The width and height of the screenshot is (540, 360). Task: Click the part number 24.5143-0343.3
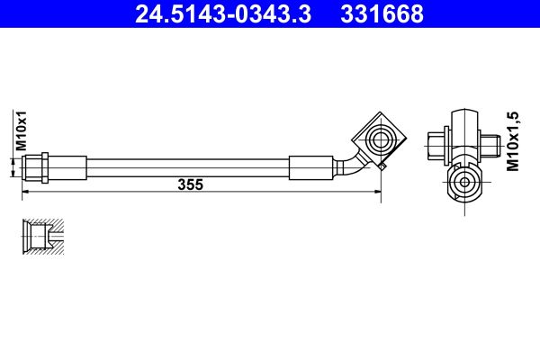[x=223, y=13]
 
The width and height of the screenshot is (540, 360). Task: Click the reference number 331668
[x=382, y=13]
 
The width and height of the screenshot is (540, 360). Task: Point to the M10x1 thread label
[x=22, y=130]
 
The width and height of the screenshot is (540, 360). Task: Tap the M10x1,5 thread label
[x=512, y=141]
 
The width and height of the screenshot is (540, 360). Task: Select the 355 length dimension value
[x=191, y=184]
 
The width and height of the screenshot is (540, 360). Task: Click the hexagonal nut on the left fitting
[x=45, y=167]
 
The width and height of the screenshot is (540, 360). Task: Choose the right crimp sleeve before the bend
[x=310, y=167]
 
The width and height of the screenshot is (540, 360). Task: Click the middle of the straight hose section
[x=188, y=167]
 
